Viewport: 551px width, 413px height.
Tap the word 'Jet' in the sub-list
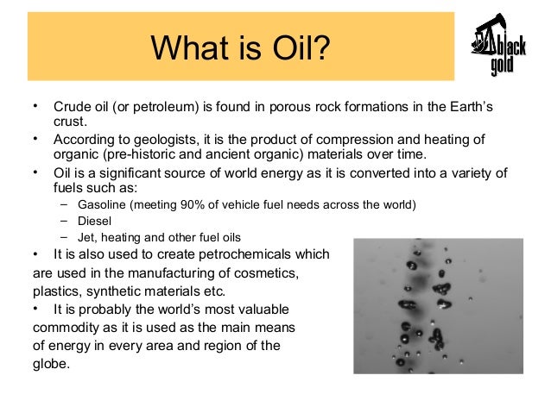click(86, 237)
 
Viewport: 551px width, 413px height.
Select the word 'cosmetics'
click(265, 273)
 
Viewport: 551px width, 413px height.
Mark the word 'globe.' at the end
click(52, 363)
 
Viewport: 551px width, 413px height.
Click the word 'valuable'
click(261, 310)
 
